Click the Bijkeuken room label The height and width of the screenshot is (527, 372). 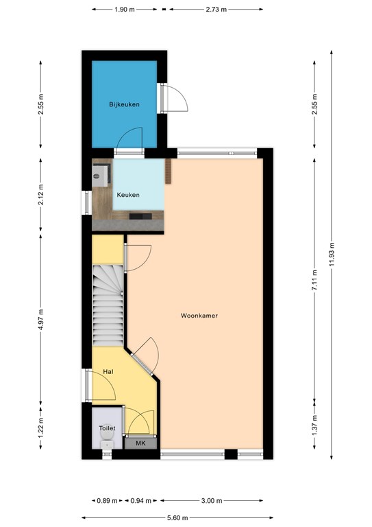(125, 104)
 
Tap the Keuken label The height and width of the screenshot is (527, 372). (128, 195)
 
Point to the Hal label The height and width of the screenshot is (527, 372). (108, 371)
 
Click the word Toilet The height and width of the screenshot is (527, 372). (107, 428)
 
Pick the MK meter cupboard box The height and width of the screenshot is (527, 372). (141, 444)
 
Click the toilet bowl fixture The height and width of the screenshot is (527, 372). (106, 445)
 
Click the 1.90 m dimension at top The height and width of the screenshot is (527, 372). (124, 10)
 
